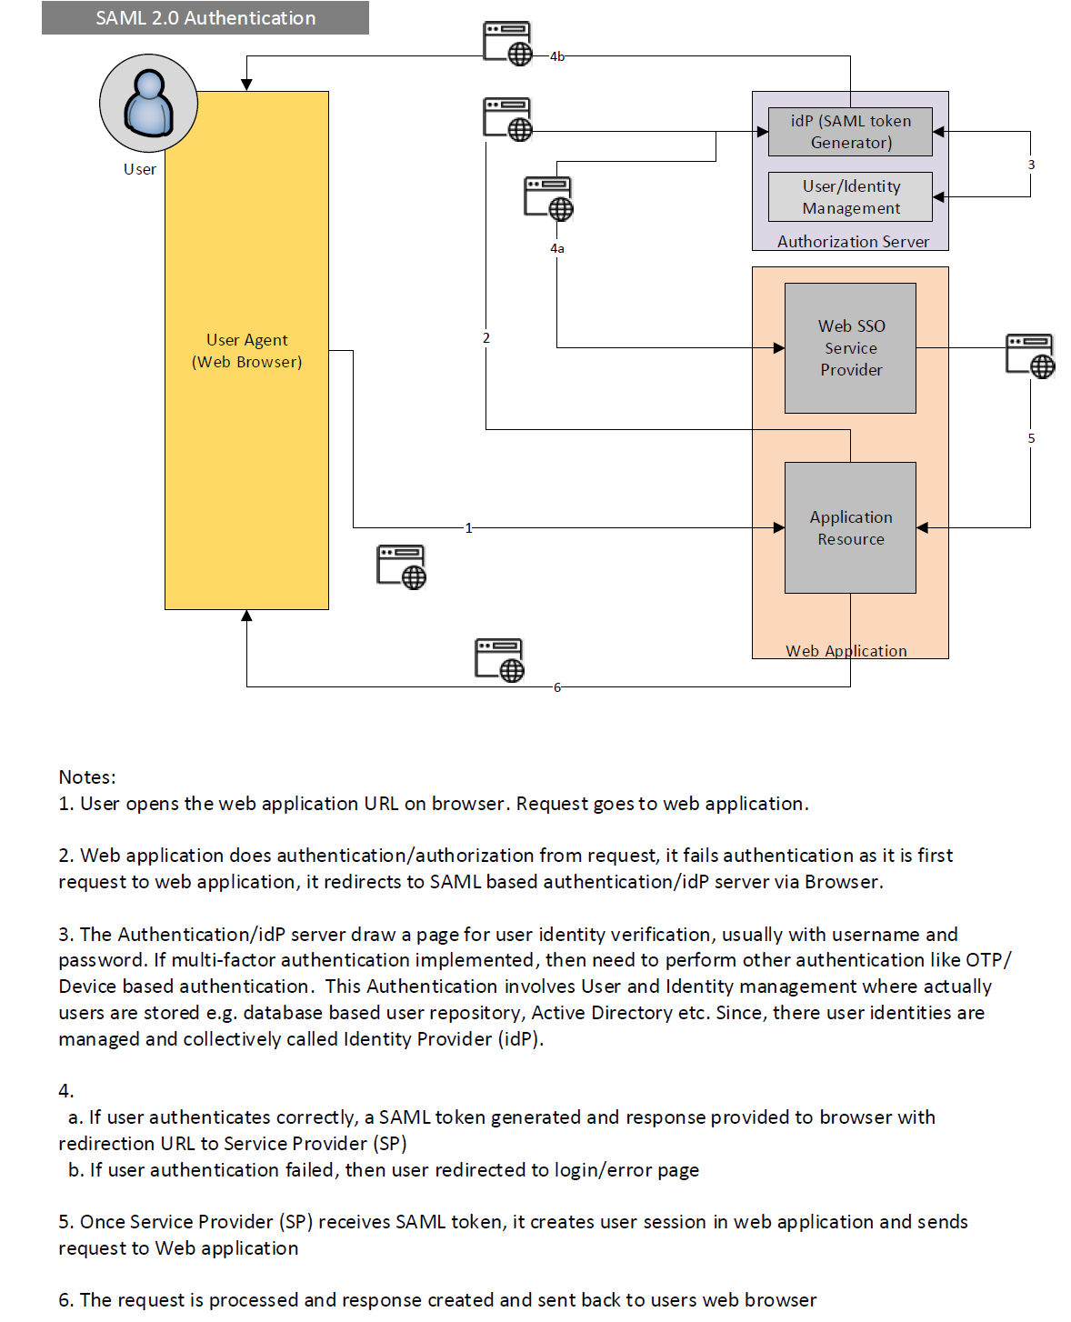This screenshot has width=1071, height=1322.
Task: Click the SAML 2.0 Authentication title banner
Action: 205,18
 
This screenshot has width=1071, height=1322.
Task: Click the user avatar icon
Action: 148,103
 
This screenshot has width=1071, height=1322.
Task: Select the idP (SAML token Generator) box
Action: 850,132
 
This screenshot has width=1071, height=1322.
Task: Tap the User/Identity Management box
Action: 850,197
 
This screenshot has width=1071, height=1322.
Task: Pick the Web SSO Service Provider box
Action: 850,348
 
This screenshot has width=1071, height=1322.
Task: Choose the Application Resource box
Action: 850,527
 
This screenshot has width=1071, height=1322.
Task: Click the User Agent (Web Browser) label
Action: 246,351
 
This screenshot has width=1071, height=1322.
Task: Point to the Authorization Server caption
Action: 853,242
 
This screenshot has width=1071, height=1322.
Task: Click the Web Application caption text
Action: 846,651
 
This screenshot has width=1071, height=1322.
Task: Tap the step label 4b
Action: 556,56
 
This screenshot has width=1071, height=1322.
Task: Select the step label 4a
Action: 556,248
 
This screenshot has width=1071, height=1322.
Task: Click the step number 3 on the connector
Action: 1031,165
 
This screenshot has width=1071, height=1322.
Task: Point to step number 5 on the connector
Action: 1031,438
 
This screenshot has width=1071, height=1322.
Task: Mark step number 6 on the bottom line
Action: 556,687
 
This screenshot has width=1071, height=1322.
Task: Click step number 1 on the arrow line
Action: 468,528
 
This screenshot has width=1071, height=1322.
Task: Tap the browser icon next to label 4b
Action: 507,44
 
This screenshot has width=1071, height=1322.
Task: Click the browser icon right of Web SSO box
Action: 1030,356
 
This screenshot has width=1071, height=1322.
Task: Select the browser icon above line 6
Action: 499,660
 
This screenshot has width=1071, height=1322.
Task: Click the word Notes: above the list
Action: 87,777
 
